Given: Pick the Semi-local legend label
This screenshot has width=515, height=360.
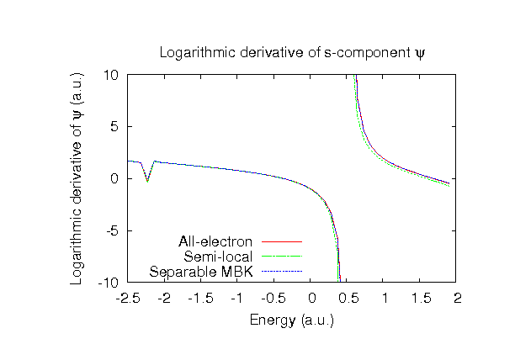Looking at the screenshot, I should (220, 257).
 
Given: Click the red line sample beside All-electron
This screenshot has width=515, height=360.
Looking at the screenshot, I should (281, 242).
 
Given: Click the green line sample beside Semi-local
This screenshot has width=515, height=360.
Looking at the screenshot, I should (281, 257).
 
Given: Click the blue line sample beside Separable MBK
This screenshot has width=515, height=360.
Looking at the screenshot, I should (281, 272).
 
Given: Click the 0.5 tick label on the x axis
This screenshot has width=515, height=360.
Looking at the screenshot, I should (348, 299).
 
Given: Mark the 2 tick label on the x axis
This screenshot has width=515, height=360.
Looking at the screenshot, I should (457, 299).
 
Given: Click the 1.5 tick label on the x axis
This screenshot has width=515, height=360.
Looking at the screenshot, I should (421, 299).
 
